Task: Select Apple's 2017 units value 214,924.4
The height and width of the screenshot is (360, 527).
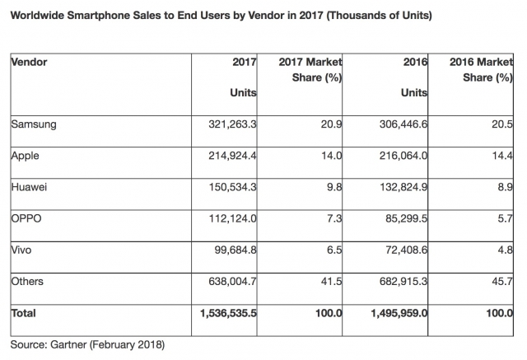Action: pyautogui.click(x=228, y=155)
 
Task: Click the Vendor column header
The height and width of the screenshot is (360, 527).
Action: pyautogui.click(x=28, y=63)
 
